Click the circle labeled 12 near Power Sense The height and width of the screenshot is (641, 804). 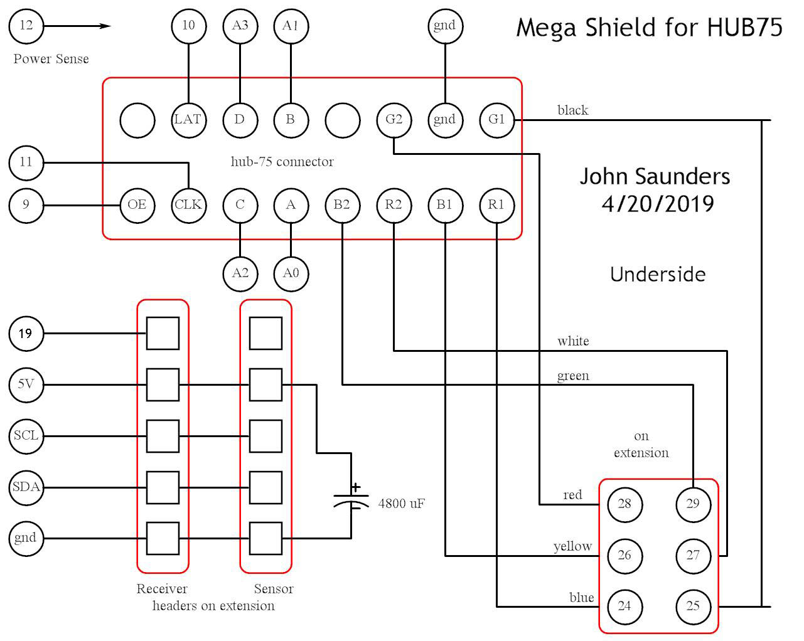tap(26, 26)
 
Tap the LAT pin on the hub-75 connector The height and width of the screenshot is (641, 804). tap(188, 119)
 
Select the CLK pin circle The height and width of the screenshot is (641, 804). tap(188, 205)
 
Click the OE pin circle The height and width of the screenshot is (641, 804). tap(137, 205)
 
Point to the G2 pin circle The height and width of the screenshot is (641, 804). tap(394, 119)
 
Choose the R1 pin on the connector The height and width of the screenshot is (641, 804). tap(496, 205)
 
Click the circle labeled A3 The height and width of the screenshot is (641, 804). tap(240, 26)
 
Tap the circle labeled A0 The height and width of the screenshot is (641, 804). tap(291, 273)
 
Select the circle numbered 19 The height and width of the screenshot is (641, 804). tap(26, 333)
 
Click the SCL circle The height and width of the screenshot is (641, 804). tap(26, 435)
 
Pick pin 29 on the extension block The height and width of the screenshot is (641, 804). tap(693, 504)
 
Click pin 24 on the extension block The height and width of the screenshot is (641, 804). tap(624, 606)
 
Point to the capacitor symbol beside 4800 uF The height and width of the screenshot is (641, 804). tap(351, 497)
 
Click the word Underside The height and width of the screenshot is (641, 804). tap(658, 274)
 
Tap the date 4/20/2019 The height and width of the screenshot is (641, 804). tap(657, 204)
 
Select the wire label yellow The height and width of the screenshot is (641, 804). tap(572, 546)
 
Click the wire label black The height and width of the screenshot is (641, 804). tap(572, 110)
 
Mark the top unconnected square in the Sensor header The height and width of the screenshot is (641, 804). tap(265, 333)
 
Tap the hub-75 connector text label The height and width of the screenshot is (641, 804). tap(282, 162)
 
